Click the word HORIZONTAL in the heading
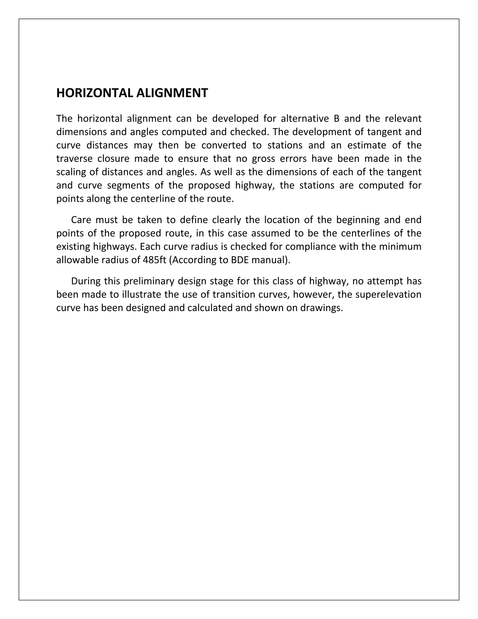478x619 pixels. [95, 93]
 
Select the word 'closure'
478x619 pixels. [113, 159]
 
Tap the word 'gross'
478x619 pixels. [263, 159]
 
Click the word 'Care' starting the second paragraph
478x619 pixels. [81, 220]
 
